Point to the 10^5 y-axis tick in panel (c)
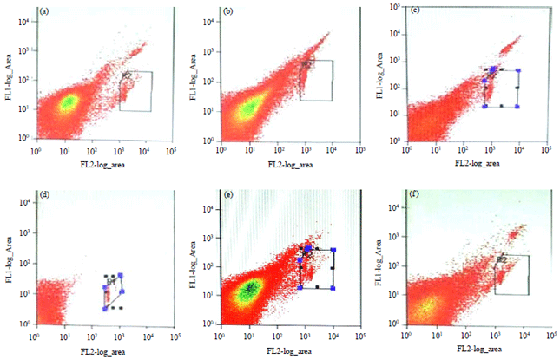click(391, 7)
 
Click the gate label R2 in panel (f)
click(501, 259)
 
